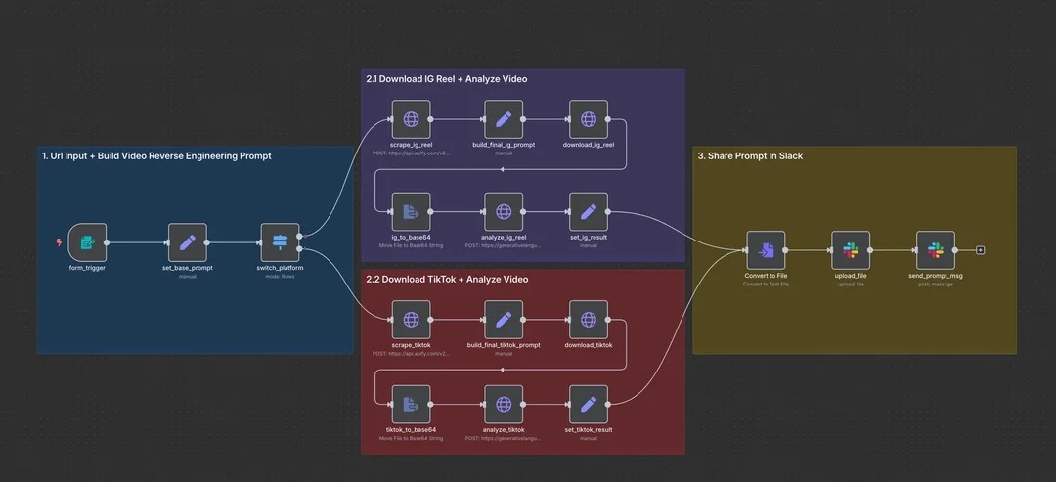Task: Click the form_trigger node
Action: [x=87, y=241]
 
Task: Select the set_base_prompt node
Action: [x=188, y=241]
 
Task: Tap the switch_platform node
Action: [x=280, y=241]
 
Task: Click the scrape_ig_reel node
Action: [x=411, y=119]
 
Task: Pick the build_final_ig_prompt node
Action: [x=504, y=119]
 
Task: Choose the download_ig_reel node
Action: [x=589, y=119]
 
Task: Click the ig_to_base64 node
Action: [x=411, y=211]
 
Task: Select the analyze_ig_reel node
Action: [x=504, y=211]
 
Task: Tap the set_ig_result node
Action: [x=589, y=211]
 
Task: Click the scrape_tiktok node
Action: [x=411, y=320]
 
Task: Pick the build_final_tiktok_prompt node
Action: [x=504, y=320]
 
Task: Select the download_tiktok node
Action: [x=589, y=320]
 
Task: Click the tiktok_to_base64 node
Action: [x=411, y=404]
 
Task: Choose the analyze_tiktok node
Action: [x=504, y=404]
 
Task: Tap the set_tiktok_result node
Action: [x=589, y=404]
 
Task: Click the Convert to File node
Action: [x=766, y=250]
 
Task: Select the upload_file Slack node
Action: [x=851, y=250]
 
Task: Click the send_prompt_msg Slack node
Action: [x=936, y=250]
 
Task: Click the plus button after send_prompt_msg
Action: [x=981, y=250]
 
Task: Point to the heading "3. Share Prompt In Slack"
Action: [x=750, y=156]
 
